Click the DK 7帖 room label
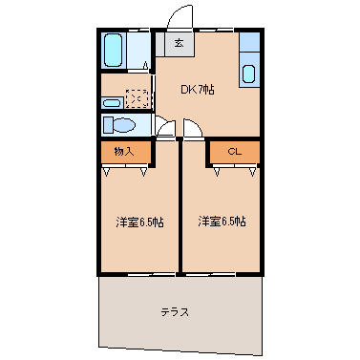[198, 90]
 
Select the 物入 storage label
[123, 151]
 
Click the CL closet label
[233, 151]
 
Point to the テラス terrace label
[174, 312]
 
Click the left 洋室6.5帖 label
[139, 222]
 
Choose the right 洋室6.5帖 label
[222, 222]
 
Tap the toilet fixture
[120, 125]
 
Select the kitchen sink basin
[249, 74]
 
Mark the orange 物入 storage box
[125, 151]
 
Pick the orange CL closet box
[235, 151]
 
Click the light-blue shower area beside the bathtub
[139, 51]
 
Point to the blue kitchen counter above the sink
[249, 44]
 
